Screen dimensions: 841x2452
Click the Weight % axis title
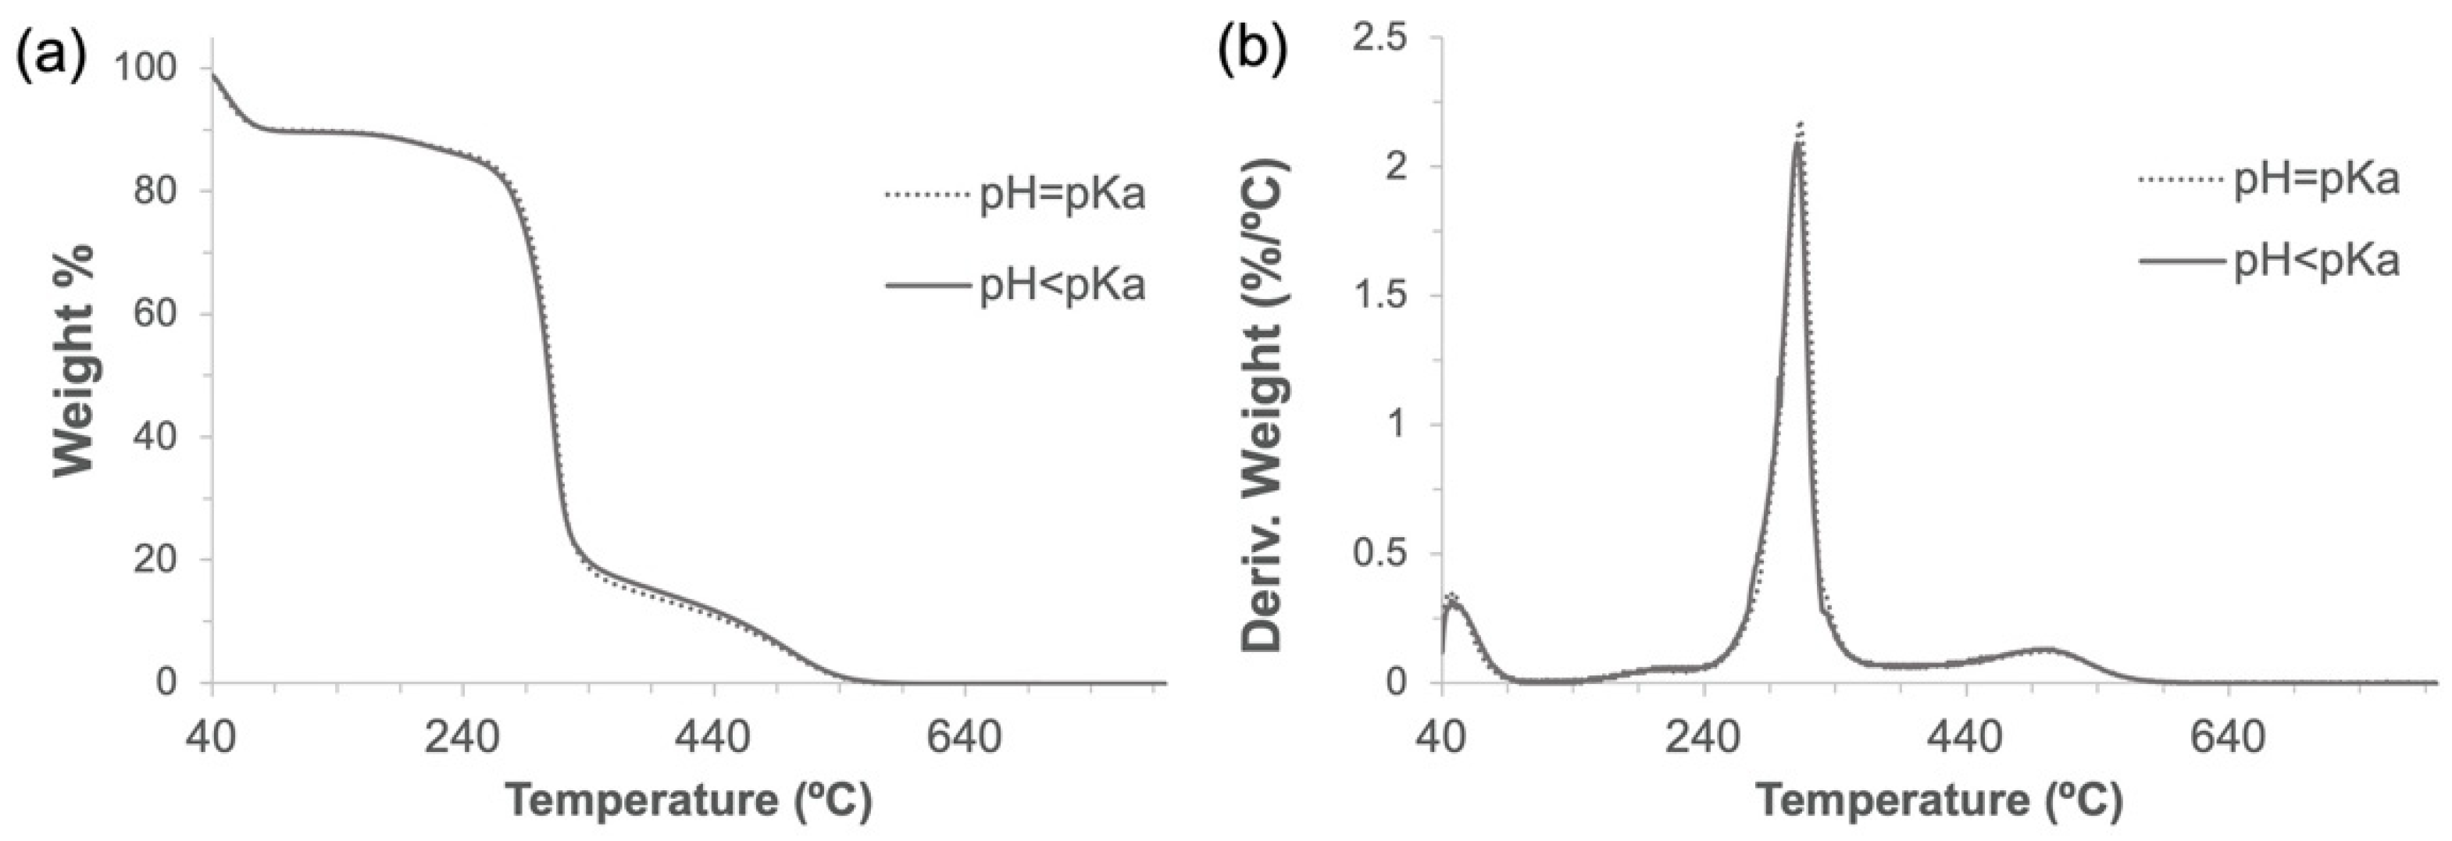pos(76,362)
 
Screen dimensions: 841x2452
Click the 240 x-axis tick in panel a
pos(462,738)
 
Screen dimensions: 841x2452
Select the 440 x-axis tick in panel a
pos(714,738)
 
